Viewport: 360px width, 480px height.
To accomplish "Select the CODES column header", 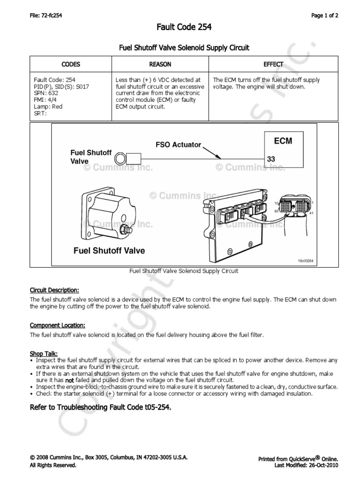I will click(71, 64).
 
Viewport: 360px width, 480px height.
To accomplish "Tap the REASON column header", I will click(160, 64).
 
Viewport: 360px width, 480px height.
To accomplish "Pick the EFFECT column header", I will click(273, 64).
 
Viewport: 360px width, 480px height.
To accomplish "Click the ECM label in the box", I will click(283, 141).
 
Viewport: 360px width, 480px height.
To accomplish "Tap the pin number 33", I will click(271, 159).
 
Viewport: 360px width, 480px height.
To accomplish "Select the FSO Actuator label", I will click(179, 145).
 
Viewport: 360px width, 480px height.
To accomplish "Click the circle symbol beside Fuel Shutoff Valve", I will click(120, 157).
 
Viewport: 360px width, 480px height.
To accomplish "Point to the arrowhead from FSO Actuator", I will click(219, 157).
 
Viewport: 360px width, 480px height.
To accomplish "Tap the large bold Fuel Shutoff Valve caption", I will click(109, 251).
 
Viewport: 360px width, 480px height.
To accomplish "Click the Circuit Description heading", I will click(54, 290).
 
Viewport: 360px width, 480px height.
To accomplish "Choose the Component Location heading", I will click(58, 325).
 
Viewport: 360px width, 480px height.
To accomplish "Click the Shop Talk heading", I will click(44, 353).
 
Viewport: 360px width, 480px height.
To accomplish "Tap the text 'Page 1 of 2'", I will click(325, 15).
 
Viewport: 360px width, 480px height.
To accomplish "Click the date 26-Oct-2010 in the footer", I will click(322, 465).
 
